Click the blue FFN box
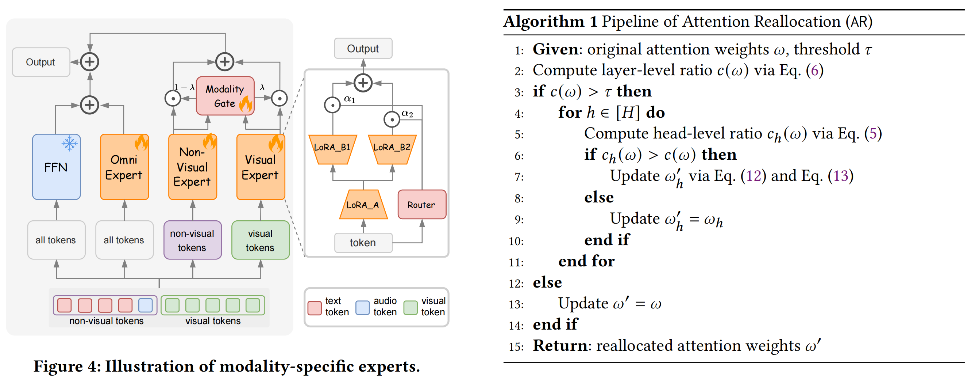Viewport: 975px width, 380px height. tap(56, 167)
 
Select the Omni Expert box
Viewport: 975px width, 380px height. tap(124, 167)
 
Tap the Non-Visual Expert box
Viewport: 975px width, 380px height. tap(192, 167)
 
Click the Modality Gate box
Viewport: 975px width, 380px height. tap(225, 96)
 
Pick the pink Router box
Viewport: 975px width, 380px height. tap(422, 205)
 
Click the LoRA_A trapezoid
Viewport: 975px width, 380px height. tap(363, 205)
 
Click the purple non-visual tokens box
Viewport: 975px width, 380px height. tap(192, 240)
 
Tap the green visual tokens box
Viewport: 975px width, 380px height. tap(261, 240)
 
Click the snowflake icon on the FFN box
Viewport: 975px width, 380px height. tap(70, 143)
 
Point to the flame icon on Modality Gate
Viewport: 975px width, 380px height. tap(246, 104)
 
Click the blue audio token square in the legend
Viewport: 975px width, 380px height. tap(362, 308)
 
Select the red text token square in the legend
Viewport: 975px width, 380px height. tap(314, 308)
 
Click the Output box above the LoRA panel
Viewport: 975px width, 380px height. tap(363, 49)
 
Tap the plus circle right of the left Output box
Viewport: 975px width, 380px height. tap(90, 62)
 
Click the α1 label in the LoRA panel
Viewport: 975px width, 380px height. tap(349, 99)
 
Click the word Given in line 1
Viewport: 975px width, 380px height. tap(555, 50)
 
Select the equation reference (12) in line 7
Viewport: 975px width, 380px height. tap(753, 176)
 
